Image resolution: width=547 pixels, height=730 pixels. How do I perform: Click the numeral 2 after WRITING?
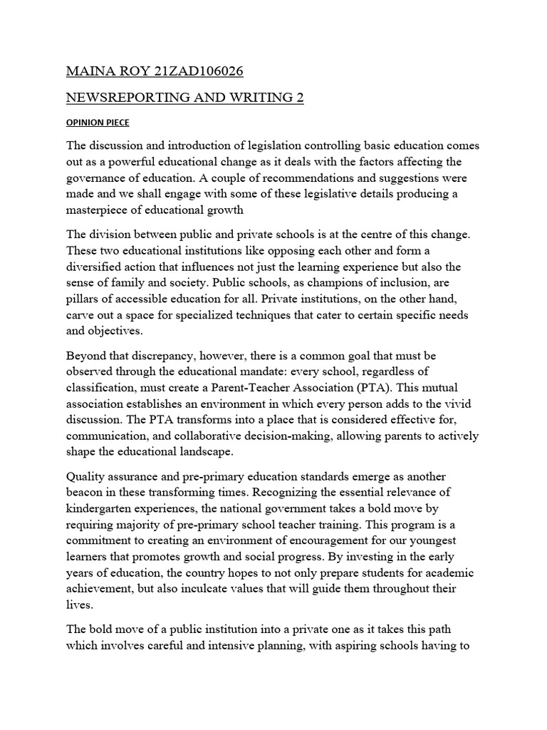pyautogui.click(x=299, y=98)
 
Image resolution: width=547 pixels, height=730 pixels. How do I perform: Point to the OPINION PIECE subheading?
pyautogui.click(x=98, y=123)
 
